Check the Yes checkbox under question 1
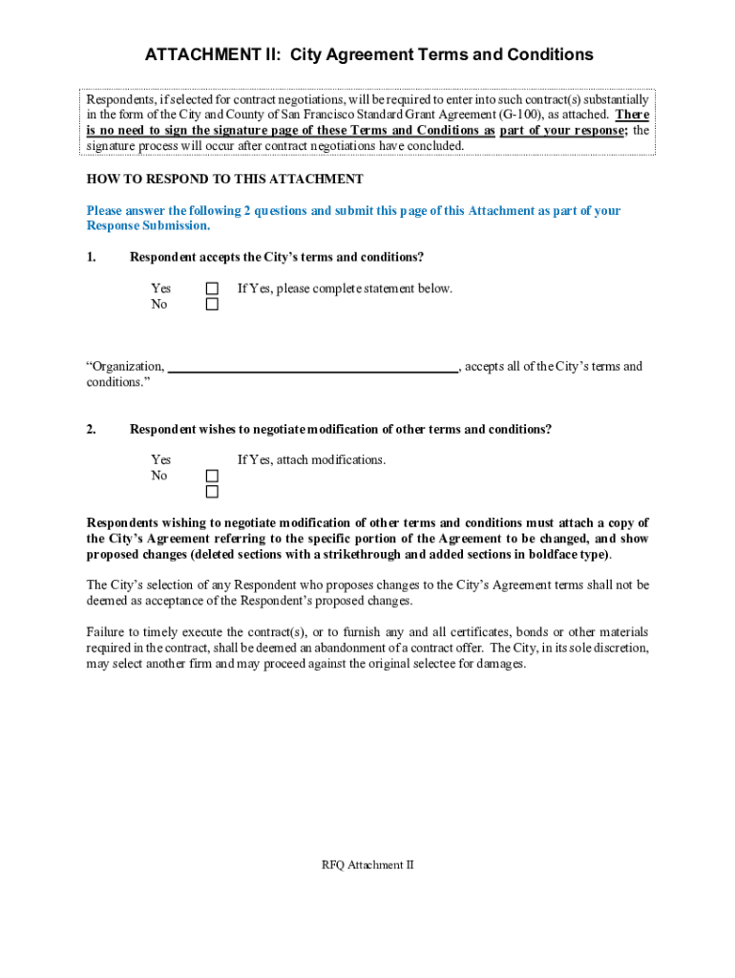212,288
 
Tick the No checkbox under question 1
212,305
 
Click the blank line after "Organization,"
313,366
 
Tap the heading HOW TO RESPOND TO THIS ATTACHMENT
224,180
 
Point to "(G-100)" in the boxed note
520,115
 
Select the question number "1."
92,258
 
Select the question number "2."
92,430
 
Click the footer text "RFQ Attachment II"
367,865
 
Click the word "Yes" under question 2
160,460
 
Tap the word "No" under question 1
158,305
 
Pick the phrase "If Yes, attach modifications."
311,460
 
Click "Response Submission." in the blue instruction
148,226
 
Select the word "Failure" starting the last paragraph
107,632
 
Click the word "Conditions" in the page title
541,54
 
